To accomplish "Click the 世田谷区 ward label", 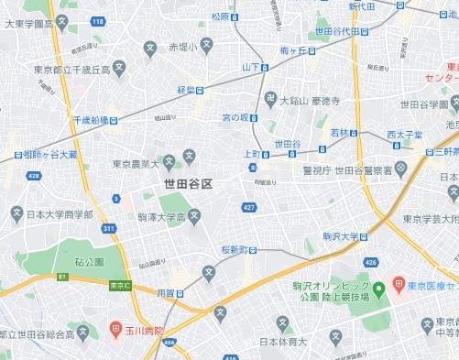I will pyautogui.click(x=188, y=184).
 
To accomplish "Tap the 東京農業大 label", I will pyautogui.click(x=136, y=165).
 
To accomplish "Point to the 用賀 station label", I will pyautogui.click(x=166, y=293).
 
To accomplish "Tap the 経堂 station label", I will pyautogui.click(x=187, y=90).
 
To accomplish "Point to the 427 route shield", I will pyautogui.click(x=248, y=207).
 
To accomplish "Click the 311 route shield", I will pyautogui.click(x=110, y=228).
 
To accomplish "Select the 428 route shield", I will pyautogui.click(x=34, y=175).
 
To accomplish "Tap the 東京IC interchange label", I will pyautogui.click(x=119, y=285).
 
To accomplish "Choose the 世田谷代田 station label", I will pyautogui.click(x=344, y=31).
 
